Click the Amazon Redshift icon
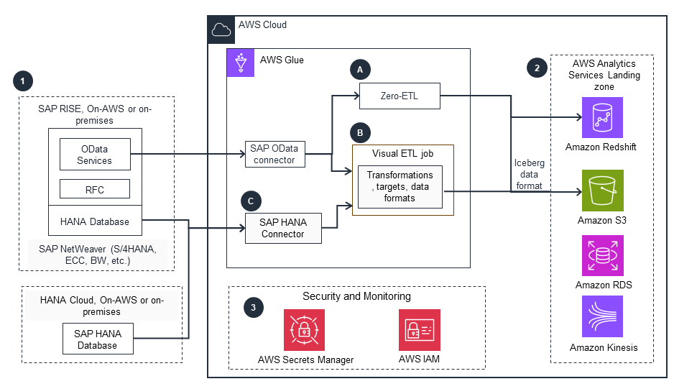(602, 117)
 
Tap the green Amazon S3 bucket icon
(602, 191)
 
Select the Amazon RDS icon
(602, 255)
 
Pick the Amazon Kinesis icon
(602, 316)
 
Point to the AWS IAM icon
(420, 329)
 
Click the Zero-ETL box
(400, 96)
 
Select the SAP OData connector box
(274, 153)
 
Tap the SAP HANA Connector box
(283, 228)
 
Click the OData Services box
(95, 155)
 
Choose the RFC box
(95, 189)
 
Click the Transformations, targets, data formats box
(400, 186)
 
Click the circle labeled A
(359, 69)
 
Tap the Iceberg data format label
(530, 174)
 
